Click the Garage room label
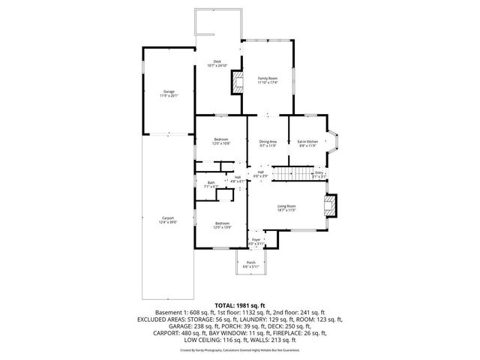[168, 93]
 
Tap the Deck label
[217, 64]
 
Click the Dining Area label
[268, 142]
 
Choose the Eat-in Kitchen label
[308, 142]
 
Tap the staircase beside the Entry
[289, 175]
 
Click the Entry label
[319, 175]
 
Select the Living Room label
[286, 208]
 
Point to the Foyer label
[256, 241]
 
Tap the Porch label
[251, 264]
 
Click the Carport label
[168, 220]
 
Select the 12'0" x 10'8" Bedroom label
[221, 141]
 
